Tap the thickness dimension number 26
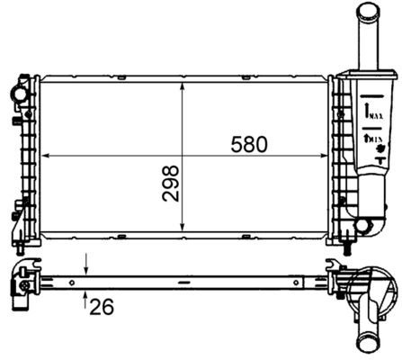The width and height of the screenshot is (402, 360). pyautogui.click(x=103, y=307)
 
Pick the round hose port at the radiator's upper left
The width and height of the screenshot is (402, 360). pyautogui.click(x=17, y=93)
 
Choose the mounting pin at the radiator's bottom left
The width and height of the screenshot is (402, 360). pyautogui.click(x=20, y=242)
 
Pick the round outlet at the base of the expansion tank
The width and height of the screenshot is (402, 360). pyautogui.click(x=363, y=225)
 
